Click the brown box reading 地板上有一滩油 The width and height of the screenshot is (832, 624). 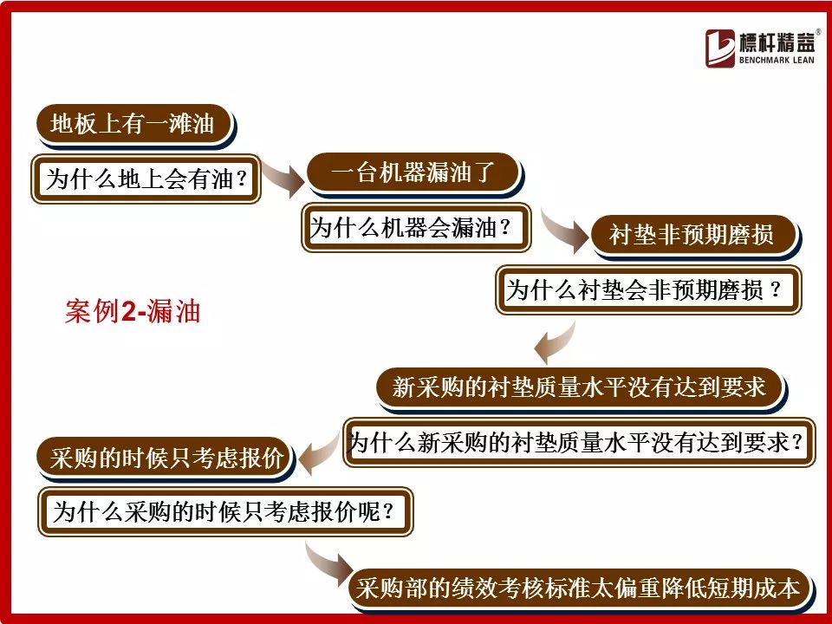[135, 124]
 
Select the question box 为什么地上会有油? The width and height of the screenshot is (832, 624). [146, 179]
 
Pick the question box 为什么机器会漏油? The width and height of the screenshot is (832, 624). [416, 228]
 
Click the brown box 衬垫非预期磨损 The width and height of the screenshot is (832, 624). [694, 235]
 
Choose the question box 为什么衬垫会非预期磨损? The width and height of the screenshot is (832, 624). [648, 289]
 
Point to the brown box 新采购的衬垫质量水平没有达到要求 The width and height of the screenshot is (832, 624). [580, 387]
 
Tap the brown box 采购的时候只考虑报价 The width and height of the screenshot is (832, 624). [165, 458]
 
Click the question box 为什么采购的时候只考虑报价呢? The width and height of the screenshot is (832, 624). [225, 512]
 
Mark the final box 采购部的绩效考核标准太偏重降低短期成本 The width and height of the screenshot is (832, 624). [580, 589]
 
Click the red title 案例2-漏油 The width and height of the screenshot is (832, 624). [133, 311]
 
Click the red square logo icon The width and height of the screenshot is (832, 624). [720, 49]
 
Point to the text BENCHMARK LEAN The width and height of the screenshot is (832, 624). [777, 60]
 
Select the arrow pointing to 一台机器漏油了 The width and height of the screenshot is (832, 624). [282, 177]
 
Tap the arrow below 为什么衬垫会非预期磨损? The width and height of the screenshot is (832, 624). [555, 341]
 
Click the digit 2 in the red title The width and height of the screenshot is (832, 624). [128, 311]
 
